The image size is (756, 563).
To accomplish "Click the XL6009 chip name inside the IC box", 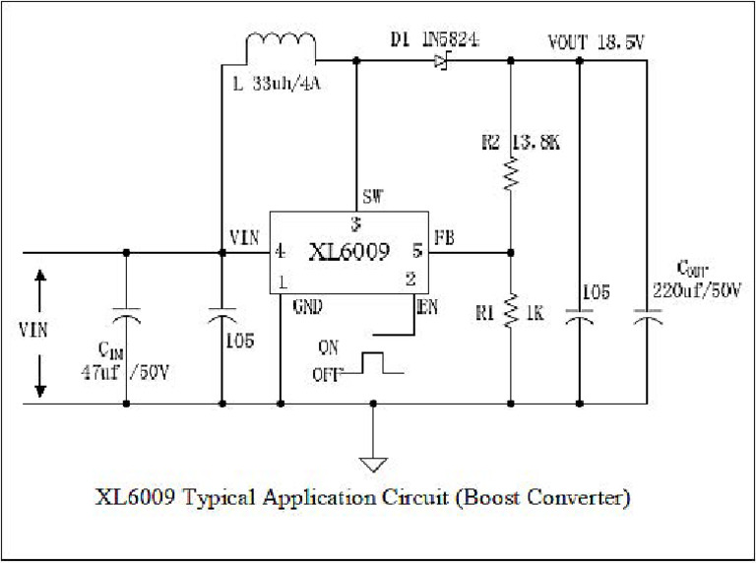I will click(x=349, y=252).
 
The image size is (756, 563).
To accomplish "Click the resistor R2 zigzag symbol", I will click(x=511, y=175).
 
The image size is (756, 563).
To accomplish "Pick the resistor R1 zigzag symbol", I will click(x=511, y=311).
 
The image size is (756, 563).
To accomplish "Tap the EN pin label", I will click(x=426, y=306).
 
